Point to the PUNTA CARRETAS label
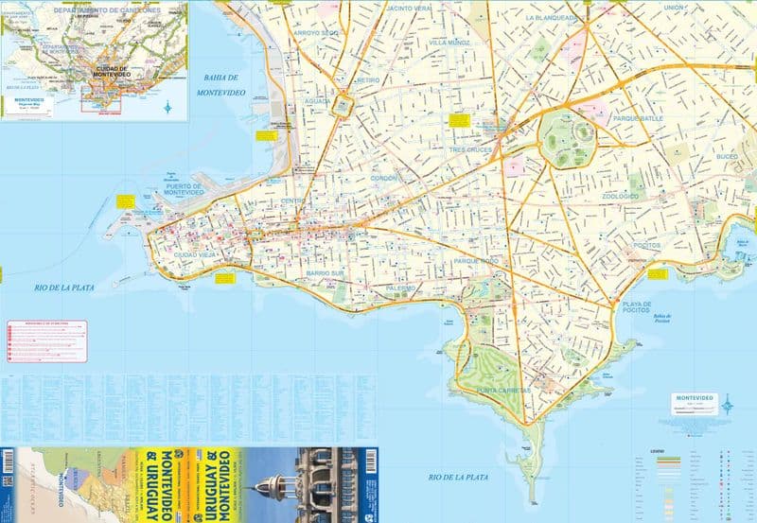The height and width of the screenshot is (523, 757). [x=503, y=389]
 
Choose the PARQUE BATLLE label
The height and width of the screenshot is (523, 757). [x=638, y=118]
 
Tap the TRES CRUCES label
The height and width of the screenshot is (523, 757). [x=472, y=149]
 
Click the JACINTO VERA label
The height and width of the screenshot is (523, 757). [x=410, y=8]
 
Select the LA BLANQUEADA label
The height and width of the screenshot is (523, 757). [x=552, y=17]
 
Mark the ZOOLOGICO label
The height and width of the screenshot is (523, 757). [x=621, y=196]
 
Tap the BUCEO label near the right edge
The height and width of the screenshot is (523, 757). [x=727, y=156]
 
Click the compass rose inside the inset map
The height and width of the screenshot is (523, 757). [x=167, y=107]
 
